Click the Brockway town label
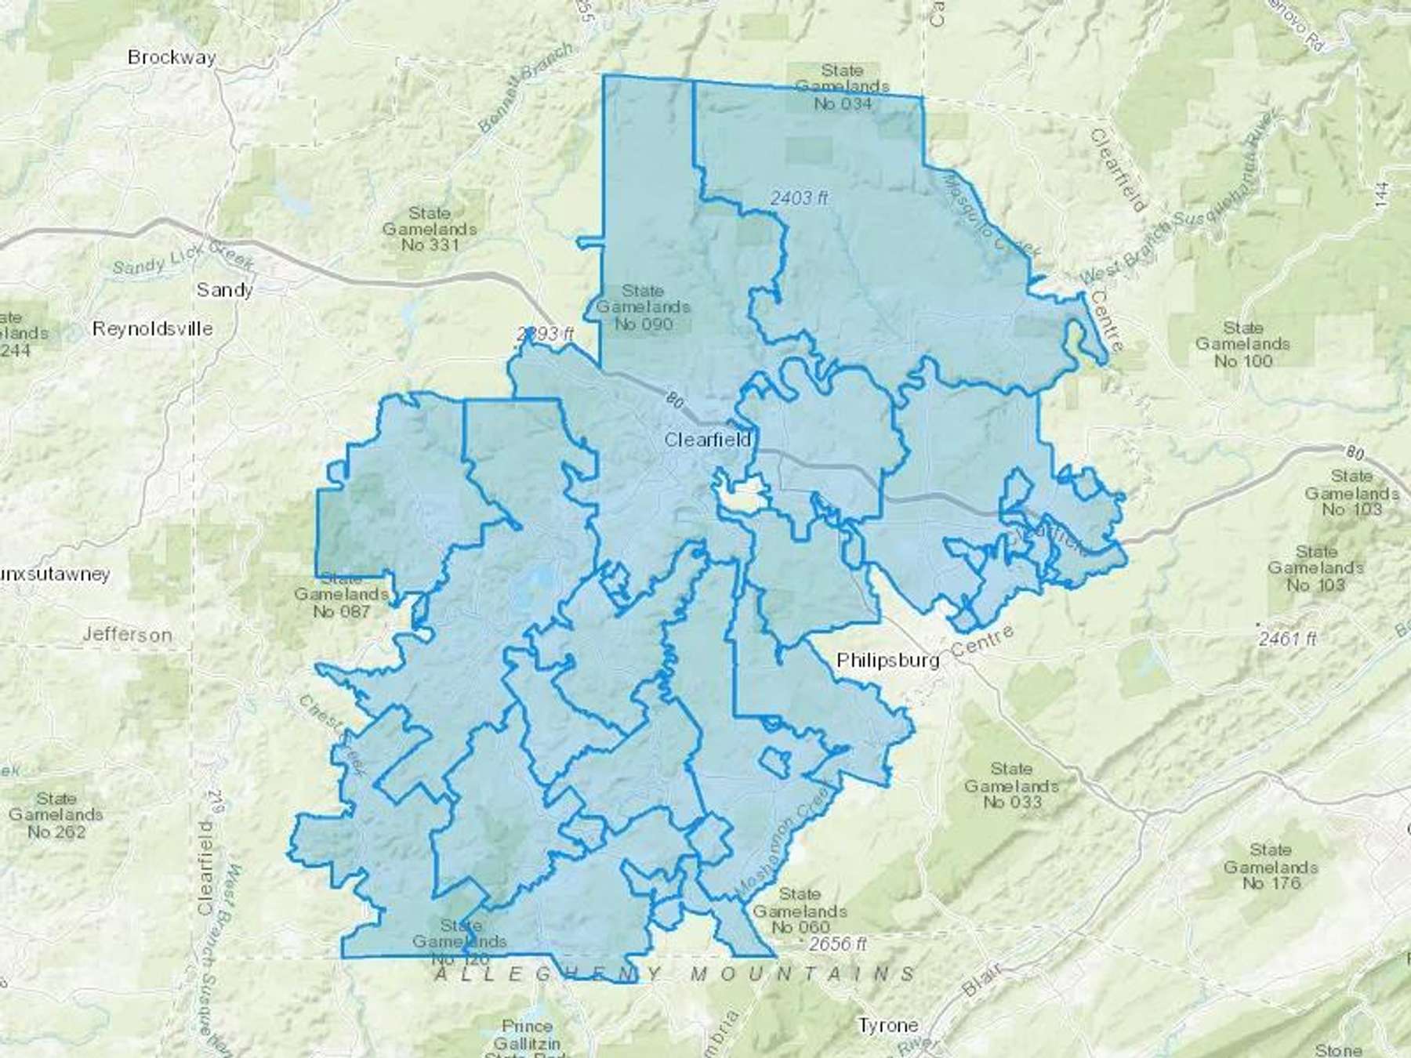coord(172,57)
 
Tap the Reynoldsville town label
coord(152,328)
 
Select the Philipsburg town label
coord(887,660)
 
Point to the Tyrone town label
coord(888,1025)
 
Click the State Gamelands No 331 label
coord(430,229)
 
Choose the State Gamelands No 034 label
coord(842,86)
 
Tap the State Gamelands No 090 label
coord(643,307)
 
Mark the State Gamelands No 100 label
coord(1243,344)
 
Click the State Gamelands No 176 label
coord(1271,866)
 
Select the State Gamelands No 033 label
coord(1011,785)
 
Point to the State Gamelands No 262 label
coord(56,815)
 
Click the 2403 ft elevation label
coord(799,198)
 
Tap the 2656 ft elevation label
coord(839,944)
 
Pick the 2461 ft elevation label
coord(1288,639)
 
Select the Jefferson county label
coord(127,634)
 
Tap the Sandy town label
coord(224,290)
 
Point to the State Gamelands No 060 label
coord(800,911)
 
